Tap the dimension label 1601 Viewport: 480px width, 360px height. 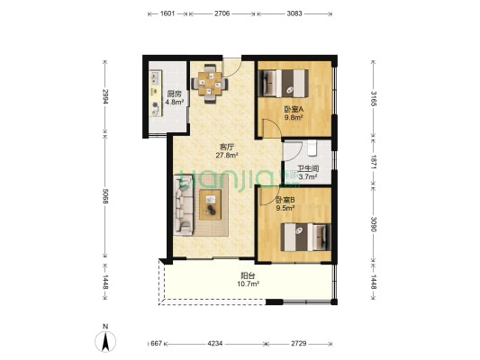click(x=168, y=13)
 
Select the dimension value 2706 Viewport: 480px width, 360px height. click(x=222, y=13)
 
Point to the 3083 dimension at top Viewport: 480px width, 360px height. click(x=294, y=13)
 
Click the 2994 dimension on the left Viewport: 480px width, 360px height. click(x=105, y=96)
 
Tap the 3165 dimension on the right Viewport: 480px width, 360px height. click(x=373, y=98)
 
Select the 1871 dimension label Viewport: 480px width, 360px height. click(x=373, y=161)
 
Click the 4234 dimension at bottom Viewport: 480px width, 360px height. click(x=215, y=344)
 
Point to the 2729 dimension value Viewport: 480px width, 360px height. click(x=298, y=344)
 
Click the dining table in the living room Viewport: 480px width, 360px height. click(x=210, y=83)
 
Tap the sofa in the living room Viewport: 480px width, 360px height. click(x=184, y=205)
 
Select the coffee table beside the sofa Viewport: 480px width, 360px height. click(x=211, y=204)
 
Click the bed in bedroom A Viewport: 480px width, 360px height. click(x=284, y=83)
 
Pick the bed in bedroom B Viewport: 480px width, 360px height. click(x=306, y=237)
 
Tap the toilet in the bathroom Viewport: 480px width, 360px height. click(x=312, y=148)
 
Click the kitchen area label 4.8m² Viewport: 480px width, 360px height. click(x=175, y=103)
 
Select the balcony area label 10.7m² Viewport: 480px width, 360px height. click(x=249, y=283)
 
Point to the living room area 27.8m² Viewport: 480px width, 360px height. click(x=227, y=156)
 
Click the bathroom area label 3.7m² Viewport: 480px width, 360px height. click(x=308, y=176)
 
